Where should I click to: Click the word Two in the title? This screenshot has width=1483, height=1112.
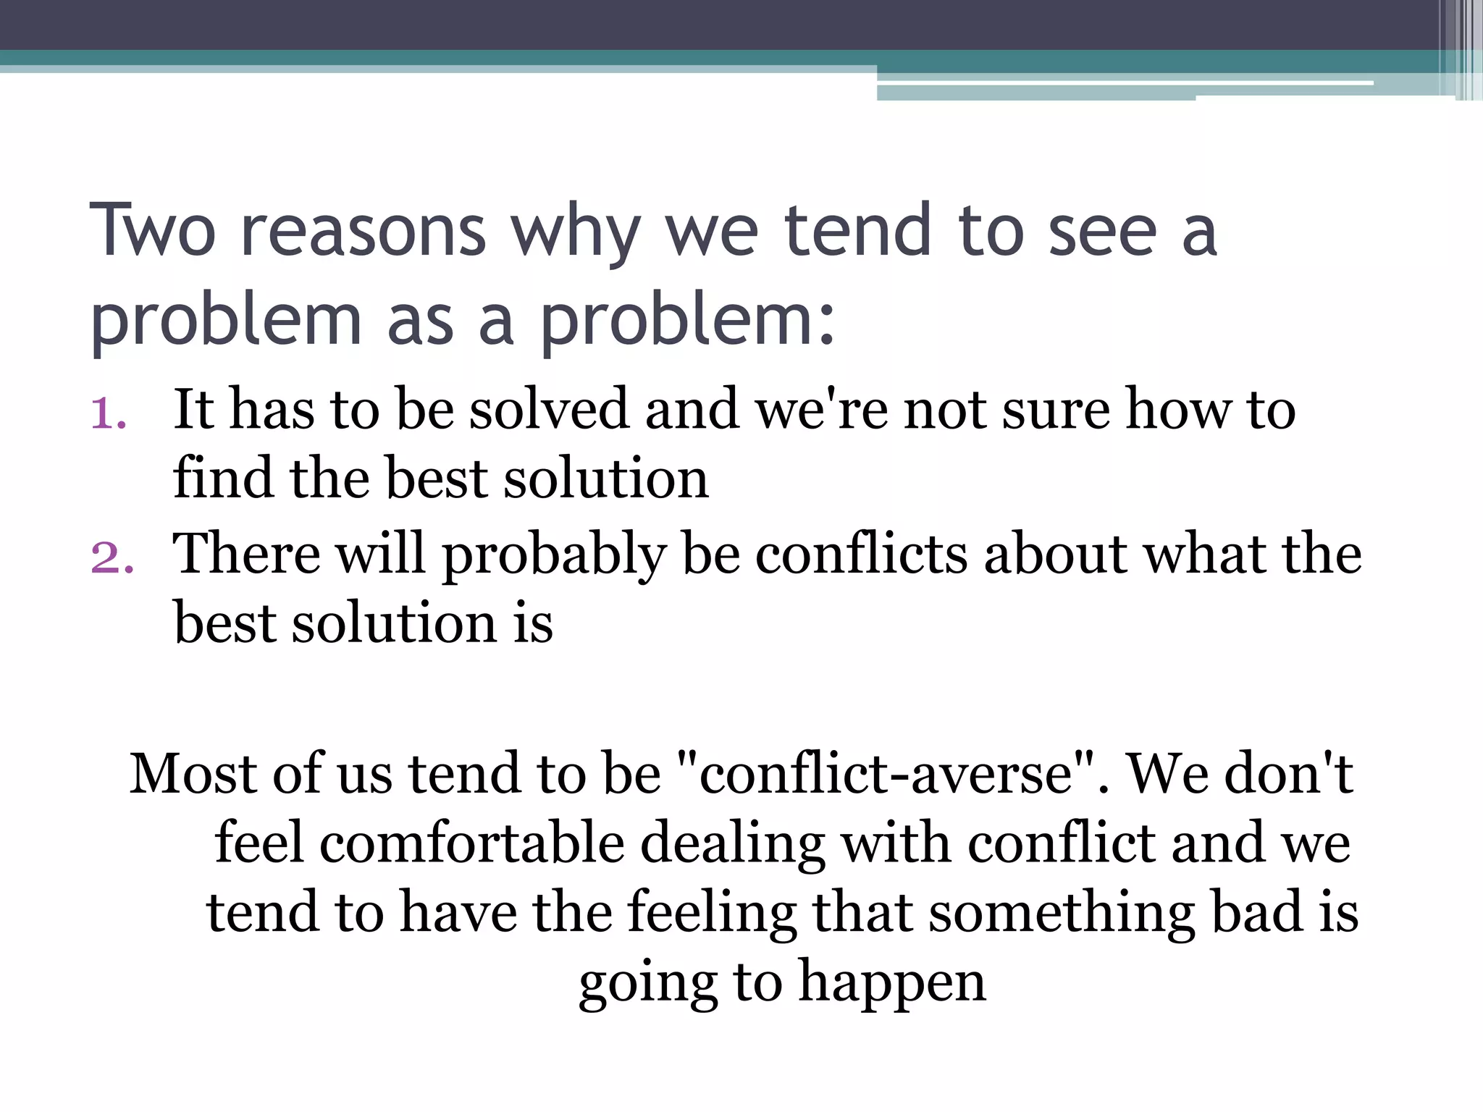pos(153,231)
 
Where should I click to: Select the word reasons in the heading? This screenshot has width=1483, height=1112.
pos(363,232)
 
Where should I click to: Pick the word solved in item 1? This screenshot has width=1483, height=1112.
pos(549,410)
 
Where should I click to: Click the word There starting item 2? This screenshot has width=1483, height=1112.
pos(246,555)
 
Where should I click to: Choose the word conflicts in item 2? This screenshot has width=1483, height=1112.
pos(862,555)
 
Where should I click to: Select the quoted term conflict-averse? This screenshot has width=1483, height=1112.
pos(886,774)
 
